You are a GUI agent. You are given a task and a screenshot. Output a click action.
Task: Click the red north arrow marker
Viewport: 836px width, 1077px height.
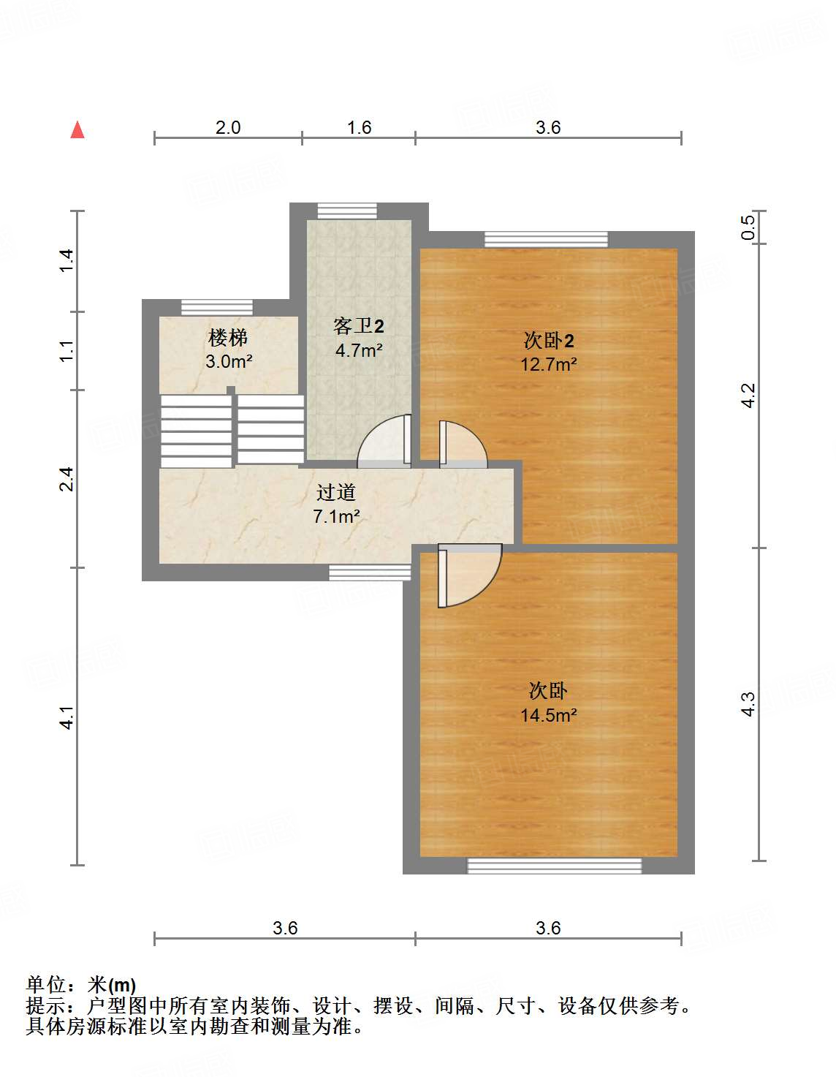77,130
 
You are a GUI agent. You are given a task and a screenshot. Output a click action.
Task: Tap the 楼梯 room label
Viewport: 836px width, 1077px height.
228,338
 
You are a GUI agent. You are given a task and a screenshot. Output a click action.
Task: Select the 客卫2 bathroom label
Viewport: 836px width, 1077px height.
358,326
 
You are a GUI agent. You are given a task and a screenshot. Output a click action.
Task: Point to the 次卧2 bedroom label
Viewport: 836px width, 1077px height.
549,340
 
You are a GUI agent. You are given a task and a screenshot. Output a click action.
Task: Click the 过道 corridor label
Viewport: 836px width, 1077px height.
336,493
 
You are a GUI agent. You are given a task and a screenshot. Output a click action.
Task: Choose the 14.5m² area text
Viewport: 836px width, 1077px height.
548,715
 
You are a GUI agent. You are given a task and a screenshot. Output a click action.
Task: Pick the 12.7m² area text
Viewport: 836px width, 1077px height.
549,364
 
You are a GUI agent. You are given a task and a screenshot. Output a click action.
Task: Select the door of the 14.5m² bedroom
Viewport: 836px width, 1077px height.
468,576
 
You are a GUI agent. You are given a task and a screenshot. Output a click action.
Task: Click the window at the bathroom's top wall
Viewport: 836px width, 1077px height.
347,211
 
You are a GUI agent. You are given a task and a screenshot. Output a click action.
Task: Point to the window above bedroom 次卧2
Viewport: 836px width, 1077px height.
546,240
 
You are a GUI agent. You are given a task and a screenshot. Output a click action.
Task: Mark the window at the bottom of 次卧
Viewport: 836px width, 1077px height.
555,866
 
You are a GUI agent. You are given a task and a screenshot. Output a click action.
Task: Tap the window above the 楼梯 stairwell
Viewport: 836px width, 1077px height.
217,308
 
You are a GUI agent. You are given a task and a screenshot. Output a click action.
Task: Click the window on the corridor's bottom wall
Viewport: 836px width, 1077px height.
370,573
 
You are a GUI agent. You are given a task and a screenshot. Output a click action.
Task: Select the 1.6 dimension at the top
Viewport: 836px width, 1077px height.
359,128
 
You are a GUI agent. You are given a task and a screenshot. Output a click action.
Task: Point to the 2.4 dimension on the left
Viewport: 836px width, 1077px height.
66,479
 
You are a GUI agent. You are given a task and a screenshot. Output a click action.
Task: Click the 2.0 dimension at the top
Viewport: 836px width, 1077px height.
228,128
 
